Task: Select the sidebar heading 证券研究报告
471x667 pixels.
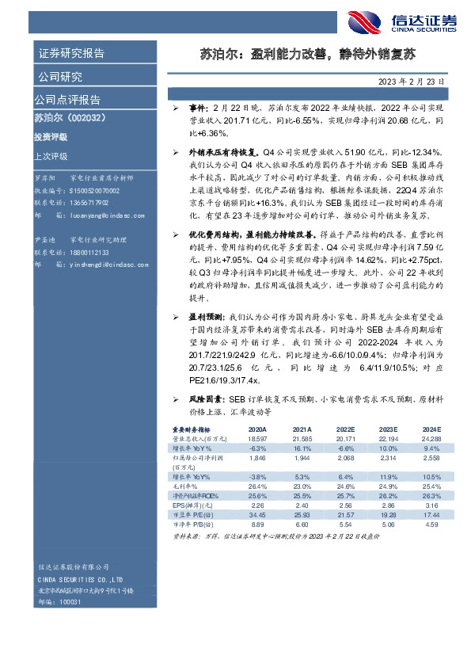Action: click(71, 54)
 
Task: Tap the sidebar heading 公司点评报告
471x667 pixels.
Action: click(67, 100)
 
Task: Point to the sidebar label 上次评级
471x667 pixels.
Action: click(51, 156)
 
